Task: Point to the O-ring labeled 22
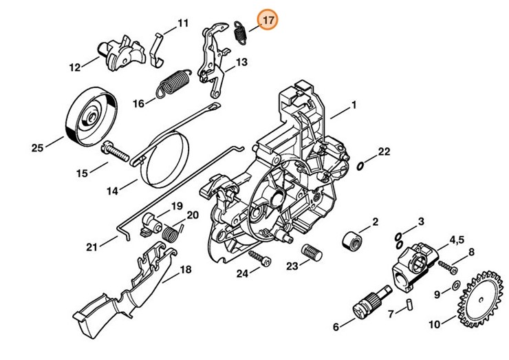coord(362,164)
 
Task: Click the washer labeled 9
coord(455,286)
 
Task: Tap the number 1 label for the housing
coord(354,105)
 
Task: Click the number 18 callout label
coord(185,270)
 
